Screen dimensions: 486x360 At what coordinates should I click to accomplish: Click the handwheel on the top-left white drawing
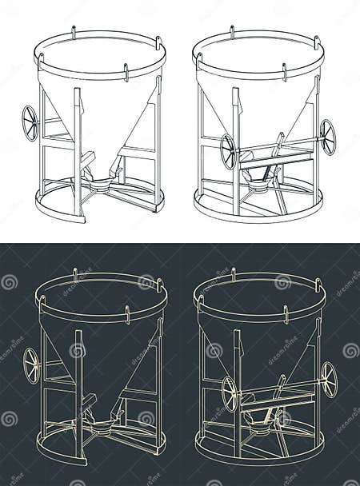click(x=30, y=123)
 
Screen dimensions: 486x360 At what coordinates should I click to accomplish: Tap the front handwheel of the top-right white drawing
click(x=229, y=151)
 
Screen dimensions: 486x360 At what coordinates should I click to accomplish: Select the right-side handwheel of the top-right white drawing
click(x=327, y=137)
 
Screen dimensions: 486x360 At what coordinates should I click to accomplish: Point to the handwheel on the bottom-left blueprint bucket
click(x=31, y=365)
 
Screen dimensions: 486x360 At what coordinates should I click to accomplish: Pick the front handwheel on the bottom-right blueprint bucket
click(x=230, y=393)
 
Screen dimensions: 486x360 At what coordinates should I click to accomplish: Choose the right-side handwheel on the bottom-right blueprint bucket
click(x=328, y=379)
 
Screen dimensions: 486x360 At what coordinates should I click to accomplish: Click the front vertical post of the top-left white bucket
click(x=78, y=152)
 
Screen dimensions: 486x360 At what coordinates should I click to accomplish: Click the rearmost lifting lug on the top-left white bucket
click(x=73, y=32)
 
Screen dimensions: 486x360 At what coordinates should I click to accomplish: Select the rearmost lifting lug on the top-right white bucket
click(x=232, y=32)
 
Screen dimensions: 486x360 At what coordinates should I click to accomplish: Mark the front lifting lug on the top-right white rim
click(x=284, y=72)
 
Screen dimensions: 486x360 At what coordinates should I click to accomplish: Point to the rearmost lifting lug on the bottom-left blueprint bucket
click(x=74, y=274)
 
